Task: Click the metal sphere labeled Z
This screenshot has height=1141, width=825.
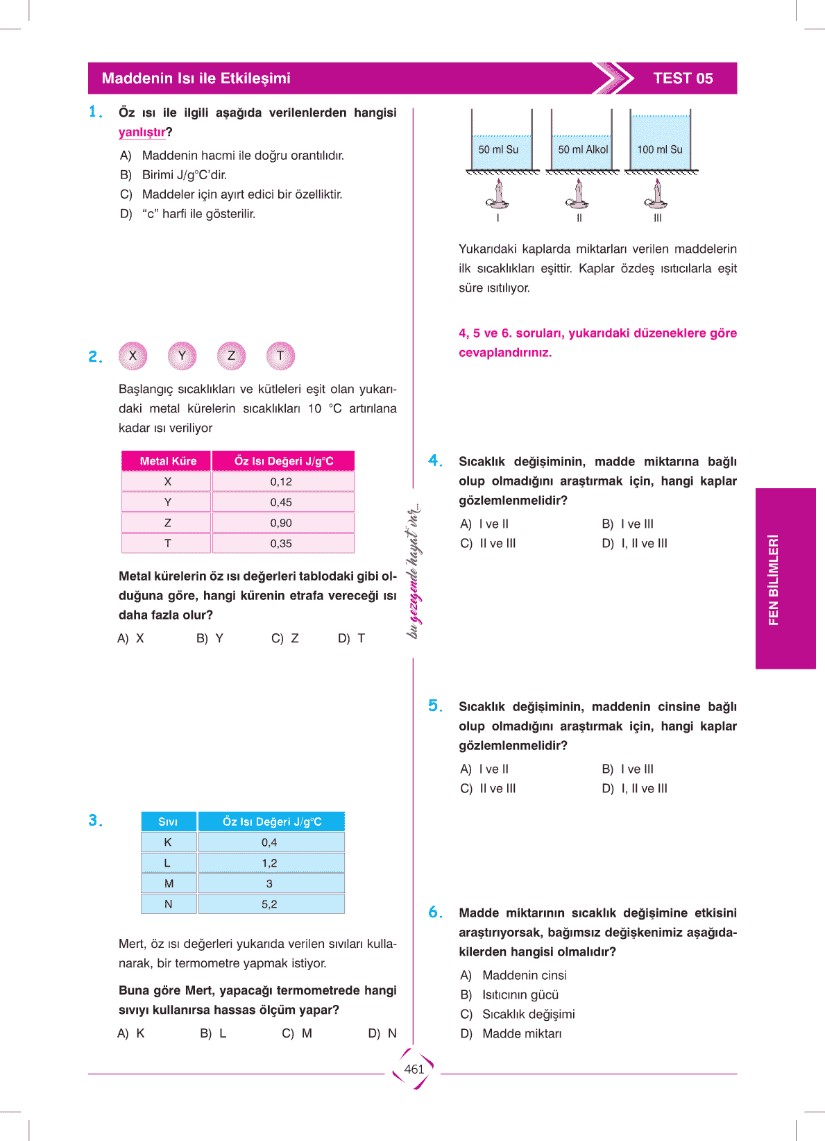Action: coord(231,356)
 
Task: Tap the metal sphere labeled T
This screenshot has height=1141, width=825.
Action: coord(280,356)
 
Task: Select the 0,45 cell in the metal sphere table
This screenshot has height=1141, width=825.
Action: coord(281,502)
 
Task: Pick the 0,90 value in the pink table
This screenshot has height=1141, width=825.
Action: coord(281,523)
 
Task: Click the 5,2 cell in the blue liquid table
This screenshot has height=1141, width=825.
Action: coord(269,904)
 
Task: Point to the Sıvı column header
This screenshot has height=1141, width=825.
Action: coord(168,822)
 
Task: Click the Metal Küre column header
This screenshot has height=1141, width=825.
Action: coord(168,461)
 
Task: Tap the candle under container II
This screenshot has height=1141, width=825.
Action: coord(579,194)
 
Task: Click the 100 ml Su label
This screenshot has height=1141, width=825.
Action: coord(660,149)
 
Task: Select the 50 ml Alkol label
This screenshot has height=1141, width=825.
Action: coord(583,149)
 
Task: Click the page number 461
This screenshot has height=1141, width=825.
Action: coord(414,1069)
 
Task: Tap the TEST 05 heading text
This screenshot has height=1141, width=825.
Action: coord(683,78)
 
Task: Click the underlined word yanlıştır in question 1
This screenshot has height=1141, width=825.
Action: coord(142,132)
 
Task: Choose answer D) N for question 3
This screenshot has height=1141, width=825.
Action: coord(382,1033)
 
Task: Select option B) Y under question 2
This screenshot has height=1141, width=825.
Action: coord(210,638)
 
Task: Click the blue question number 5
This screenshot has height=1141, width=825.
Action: coord(435,706)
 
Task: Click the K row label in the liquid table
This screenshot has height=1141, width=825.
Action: coord(168,842)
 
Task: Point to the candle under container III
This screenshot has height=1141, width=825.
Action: coord(657,194)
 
